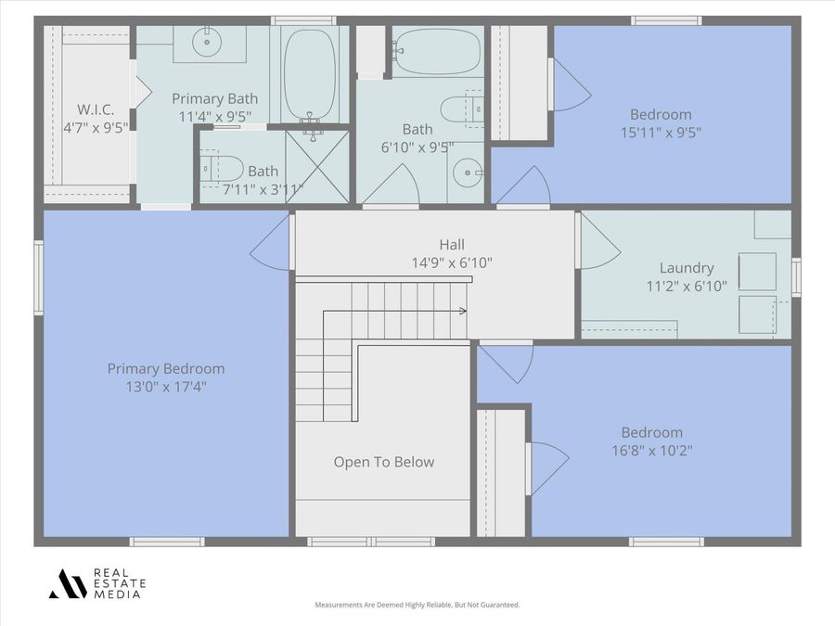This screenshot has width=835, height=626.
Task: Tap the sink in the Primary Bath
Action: (x=206, y=42)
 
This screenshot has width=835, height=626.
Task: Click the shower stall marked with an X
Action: (x=317, y=166)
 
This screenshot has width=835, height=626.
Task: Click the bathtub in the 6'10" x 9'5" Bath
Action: (x=436, y=51)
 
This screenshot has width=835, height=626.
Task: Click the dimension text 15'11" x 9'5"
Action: (x=661, y=132)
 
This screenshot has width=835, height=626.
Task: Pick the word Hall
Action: (x=452, y=245)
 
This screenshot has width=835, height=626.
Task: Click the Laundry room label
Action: (x=687, y=268)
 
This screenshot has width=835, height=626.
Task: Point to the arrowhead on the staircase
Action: (x=463, y=312)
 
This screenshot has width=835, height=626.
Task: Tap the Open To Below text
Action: (x=383, y=462)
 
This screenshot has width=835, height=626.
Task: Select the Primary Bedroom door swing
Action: (x=272, y=243)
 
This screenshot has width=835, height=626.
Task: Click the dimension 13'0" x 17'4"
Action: (x=166, y=386)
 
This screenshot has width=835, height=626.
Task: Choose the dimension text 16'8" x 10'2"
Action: (x=651, y=450)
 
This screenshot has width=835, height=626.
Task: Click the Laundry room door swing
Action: (x=598, y=243)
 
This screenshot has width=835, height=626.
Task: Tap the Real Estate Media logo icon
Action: (x=67, y=583)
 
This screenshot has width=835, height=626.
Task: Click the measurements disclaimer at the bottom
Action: (x=417, y=605)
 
